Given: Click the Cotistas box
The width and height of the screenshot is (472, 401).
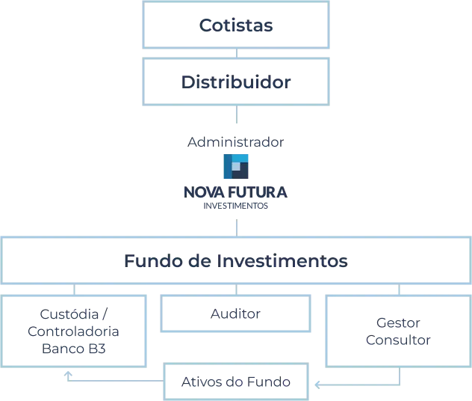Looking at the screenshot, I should click(236, 26).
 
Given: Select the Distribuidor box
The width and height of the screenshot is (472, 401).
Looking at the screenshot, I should click(236, 82).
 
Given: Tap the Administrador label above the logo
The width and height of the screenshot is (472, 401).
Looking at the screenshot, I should click(236, 141).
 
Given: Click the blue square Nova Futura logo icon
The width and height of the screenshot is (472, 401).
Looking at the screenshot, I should click(236, 165).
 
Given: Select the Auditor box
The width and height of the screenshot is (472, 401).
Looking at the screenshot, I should click(236, 315).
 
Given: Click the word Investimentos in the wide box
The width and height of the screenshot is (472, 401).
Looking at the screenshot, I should click(291, 262).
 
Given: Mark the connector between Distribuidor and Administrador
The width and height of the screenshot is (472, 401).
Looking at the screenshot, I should click(236, 116).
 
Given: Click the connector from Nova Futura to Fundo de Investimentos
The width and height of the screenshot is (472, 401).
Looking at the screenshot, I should click(236, 224).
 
